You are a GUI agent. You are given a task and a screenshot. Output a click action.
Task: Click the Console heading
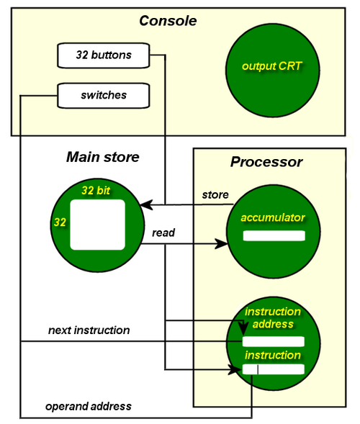pos(168,21)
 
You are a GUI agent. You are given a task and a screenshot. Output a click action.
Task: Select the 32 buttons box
pos(104,55)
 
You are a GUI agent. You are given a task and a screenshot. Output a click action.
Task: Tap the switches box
pos(104,96)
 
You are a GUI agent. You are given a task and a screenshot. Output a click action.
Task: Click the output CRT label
pos(272,66)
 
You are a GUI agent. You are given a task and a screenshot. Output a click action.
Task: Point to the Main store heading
pos(103,157)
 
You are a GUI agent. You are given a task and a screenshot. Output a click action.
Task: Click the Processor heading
pos(266,162)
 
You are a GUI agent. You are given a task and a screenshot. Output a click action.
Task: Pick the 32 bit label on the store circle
pos(96,190)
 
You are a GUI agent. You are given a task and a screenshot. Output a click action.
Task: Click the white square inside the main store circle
pos(97,225)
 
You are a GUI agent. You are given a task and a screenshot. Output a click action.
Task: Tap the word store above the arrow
pos(215,194)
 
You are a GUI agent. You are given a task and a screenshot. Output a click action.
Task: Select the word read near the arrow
pos(163,233)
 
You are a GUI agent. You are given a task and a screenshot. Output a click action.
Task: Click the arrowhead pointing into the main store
pos(146,204)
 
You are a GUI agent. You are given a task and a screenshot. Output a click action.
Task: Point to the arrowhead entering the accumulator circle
pos(221,243)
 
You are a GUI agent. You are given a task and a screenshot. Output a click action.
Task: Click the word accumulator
pos(273,217)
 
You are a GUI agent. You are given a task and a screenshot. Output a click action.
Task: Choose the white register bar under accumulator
pos(274,235)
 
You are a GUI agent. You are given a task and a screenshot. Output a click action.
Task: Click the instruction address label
pos(273,317)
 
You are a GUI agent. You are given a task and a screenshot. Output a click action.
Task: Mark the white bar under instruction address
pos(274,341)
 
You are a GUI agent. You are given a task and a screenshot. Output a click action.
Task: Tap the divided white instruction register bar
pos(274,369)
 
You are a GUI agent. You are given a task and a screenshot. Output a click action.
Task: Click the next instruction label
pos(89,330)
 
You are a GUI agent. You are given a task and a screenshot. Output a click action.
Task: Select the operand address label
pos(89,407)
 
